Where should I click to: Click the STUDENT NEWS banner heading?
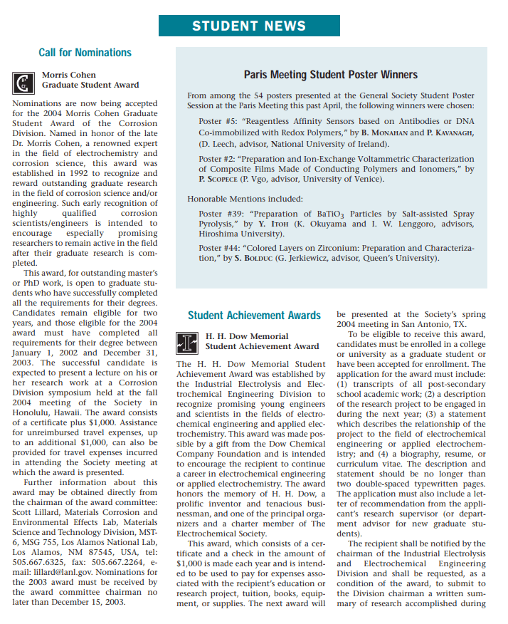coord(249,26)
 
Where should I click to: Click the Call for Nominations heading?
coord(85,53)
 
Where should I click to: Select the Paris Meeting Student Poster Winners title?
coord(331,75)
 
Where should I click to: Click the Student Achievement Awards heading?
coord(254,315)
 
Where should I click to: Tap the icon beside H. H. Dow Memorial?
coord(187,342)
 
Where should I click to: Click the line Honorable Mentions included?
coord(245,198)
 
